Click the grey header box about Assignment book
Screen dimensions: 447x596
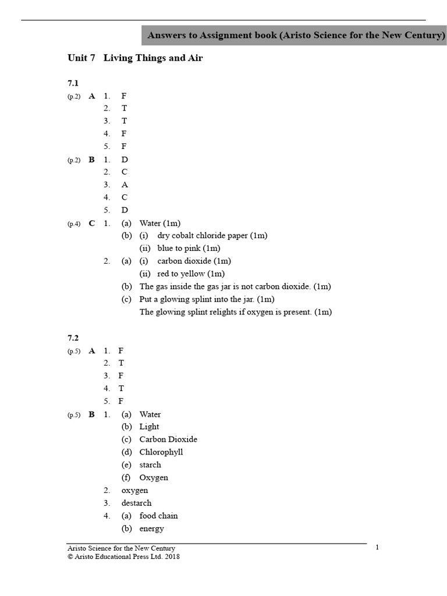(x=296, y=36)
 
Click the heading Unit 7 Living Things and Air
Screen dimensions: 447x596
(x=135, y=58)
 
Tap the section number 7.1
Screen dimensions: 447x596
(x=73, y=83)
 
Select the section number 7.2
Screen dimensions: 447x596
(x=73, y=338)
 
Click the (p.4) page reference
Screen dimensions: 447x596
(x=73, y=223)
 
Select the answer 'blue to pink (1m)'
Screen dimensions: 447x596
(x=189, y=249)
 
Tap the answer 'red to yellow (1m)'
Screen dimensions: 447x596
(x=191, y=274)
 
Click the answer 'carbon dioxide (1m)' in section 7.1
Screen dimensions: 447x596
(x=194, y=261)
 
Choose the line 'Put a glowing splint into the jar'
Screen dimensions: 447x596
(x=207, y=299)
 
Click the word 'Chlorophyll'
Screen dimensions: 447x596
(x=161, y=452)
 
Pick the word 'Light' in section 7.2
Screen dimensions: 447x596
(x=149, y=427)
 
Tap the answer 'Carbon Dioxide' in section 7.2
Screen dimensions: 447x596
(x=168, y=439)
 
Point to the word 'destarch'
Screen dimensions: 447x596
(x=136, y=503)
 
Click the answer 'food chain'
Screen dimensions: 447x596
(x=159, y=516)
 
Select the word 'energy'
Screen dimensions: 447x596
(x=151, y=528)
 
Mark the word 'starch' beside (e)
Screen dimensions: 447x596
(x=150, y=465)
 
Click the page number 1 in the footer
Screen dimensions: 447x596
(x=377, y=547)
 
